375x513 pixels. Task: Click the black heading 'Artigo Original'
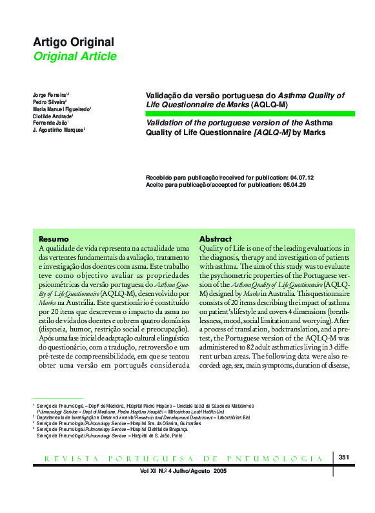(73, 42)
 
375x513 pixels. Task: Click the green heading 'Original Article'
(75, 56)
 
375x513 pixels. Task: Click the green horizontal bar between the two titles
(250, 114)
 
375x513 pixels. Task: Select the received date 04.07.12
(302, 176)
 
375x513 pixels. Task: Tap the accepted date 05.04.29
(294, 185)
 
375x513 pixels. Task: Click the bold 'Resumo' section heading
(54, 238)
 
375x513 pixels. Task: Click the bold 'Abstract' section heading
(215, 238)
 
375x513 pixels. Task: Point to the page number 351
(343, 457)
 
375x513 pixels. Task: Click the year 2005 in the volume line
(219, 471)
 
